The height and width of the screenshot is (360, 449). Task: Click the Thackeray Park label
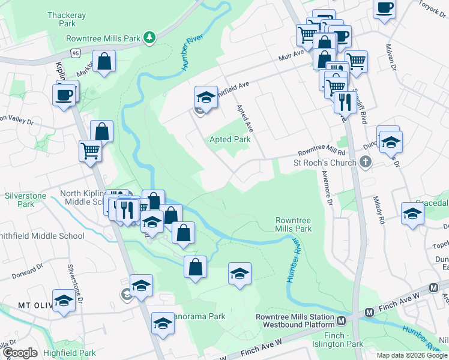coord(62,18)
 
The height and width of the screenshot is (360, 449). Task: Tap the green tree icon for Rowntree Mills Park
coord(149,38)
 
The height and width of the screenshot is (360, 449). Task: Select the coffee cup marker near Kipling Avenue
coord(64,94)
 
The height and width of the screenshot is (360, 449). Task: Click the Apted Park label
coord(229,139)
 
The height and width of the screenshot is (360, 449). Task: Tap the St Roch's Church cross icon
coord(366,162)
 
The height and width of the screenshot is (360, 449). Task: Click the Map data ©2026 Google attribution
coord(412,355)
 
